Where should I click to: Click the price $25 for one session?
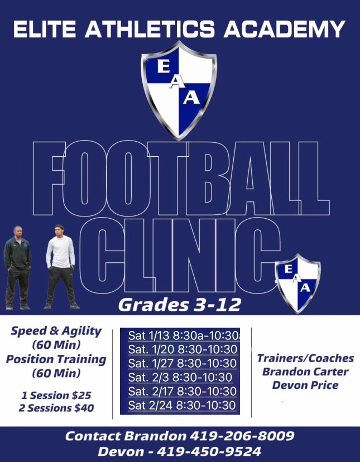pos(80,395)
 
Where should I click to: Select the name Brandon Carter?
pos(306,372)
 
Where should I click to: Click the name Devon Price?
pos(306,384)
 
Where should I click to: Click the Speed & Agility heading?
pos(56,331)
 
